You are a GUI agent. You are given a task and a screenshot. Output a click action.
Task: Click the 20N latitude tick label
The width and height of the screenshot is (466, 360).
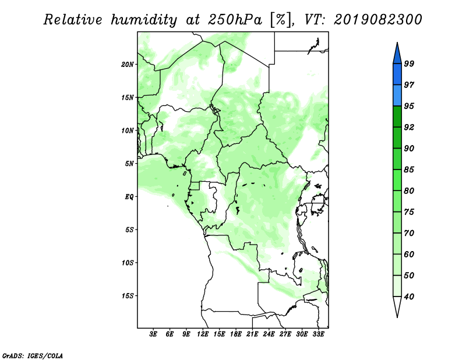coord(128,64)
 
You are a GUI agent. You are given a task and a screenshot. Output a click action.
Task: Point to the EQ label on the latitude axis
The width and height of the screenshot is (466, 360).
coord(129,196)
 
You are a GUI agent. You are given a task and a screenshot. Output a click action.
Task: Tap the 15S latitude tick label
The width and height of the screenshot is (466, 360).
coord(128,295)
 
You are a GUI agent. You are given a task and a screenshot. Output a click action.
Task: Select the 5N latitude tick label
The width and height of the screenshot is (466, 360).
coord(129,163)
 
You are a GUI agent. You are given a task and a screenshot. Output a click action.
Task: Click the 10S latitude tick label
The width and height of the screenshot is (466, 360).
coord(128,262)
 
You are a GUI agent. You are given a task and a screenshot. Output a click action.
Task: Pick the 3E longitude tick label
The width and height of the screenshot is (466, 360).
coord(154,334)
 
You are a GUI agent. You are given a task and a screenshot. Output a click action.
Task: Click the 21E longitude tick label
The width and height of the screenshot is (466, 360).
coord(252,334)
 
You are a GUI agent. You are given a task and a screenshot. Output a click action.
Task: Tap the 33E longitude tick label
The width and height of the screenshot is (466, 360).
coord(318,334)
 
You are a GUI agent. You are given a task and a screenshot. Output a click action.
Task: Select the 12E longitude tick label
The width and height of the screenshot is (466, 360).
coord(203,334)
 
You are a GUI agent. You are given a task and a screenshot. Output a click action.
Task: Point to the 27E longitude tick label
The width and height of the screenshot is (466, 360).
coord(285,334)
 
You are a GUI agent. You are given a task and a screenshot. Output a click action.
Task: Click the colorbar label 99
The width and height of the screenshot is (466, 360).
coord(409,63)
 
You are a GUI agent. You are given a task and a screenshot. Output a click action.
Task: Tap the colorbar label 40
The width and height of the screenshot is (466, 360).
coord(409,297)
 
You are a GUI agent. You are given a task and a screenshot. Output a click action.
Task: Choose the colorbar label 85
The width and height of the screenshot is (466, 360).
coord(409,170)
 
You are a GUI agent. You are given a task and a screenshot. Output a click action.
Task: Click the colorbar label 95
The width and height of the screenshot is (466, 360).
coord(409,106)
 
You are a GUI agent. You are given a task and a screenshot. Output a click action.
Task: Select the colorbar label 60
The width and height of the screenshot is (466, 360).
coord(409,254)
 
